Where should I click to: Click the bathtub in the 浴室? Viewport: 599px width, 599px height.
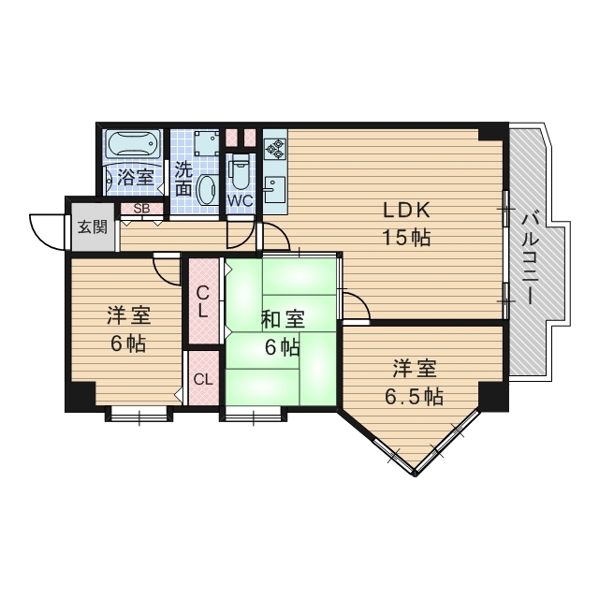[x=135, y=147]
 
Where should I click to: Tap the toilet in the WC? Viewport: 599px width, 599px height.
[x=240, y=171]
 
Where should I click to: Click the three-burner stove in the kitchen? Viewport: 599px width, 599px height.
[x=275, y=148]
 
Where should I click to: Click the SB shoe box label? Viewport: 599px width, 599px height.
[x=142, y=209]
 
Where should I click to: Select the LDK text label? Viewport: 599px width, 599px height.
[x=405, y=210]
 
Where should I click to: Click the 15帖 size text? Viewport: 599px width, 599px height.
[x=405, y=237]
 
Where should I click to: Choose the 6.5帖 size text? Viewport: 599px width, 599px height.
[x=415, y=396]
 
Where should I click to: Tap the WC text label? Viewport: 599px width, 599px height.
[x=240, y=200]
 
